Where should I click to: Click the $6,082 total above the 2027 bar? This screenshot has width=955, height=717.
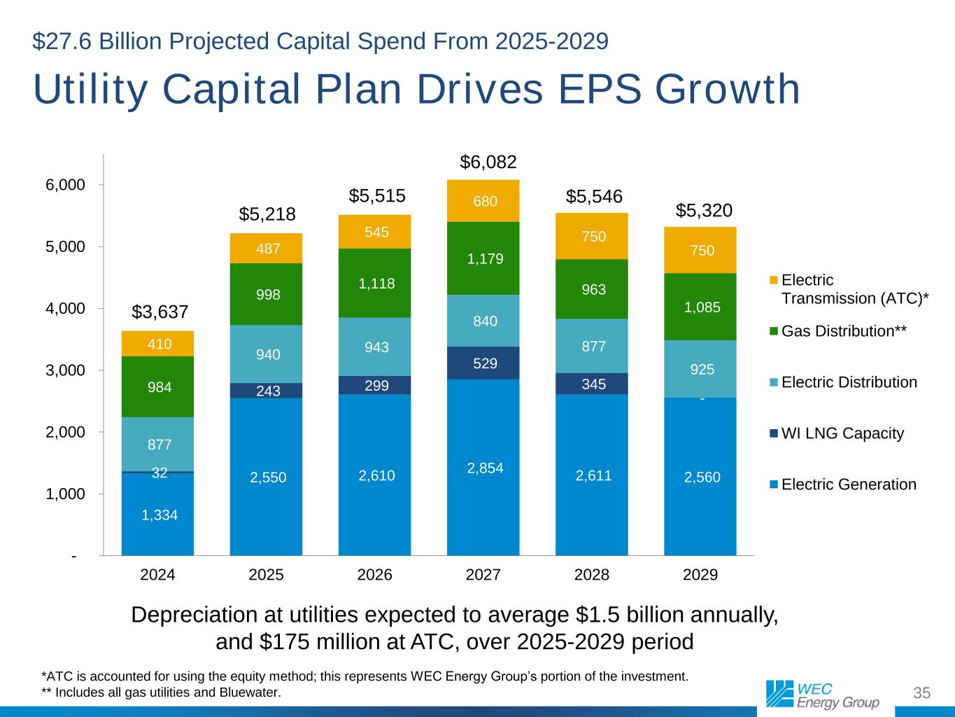(x=488, y=162)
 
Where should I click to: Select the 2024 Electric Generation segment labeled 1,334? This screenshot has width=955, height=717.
(x=160, y=515)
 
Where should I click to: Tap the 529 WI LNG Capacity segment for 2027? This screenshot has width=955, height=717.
(x=485, y=363)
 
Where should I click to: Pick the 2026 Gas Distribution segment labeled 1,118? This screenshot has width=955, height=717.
(x=376, y=284)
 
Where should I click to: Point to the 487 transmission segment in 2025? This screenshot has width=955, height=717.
(x=268, y=249)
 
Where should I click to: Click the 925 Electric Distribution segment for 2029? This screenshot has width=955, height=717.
(x=702, y=369)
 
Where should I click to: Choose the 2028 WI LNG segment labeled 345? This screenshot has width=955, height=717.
(x=593, y=384)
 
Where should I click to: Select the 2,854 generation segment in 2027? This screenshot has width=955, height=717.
(x=485, y=468)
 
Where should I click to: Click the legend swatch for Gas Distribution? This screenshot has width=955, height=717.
(x=773, y=330)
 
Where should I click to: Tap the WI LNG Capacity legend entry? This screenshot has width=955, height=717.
(x=842, y=433)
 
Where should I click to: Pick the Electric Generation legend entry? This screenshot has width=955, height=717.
(x=848, y=485)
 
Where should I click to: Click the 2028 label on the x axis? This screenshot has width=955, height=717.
(x=592, y=576)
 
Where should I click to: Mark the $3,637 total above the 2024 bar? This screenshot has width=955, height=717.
(x=160, y=311)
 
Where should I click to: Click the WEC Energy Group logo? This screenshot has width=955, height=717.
(x=822, y=694)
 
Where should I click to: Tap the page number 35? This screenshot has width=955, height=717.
(x=922, y=694)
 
